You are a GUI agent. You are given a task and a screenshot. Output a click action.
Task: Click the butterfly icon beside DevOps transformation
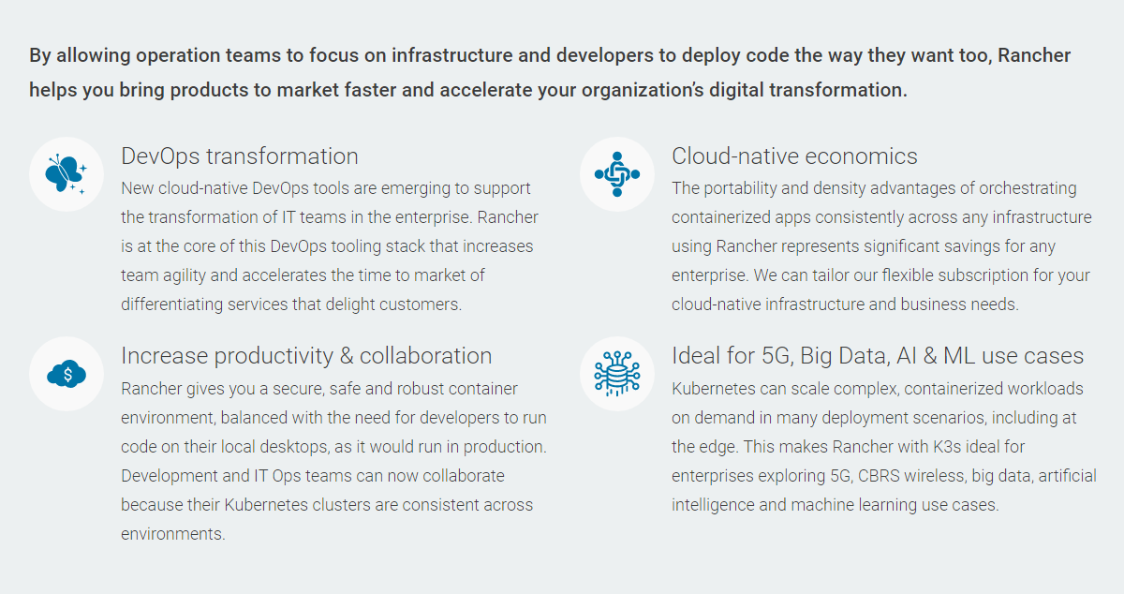point(66,174)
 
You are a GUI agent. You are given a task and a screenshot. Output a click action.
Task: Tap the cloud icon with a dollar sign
point(67,374)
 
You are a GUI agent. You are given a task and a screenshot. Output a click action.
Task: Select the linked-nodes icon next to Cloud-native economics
point(617,174)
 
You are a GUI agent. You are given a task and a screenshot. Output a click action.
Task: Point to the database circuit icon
point(617,374)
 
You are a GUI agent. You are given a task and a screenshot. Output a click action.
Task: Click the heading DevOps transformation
point(240,156)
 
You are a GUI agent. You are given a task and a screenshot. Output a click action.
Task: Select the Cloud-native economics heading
point(794,156)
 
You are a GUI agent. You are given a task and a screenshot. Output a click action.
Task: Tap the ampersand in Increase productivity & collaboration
point(347,356)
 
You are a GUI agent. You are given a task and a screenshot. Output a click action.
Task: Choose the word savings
point(971,246)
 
